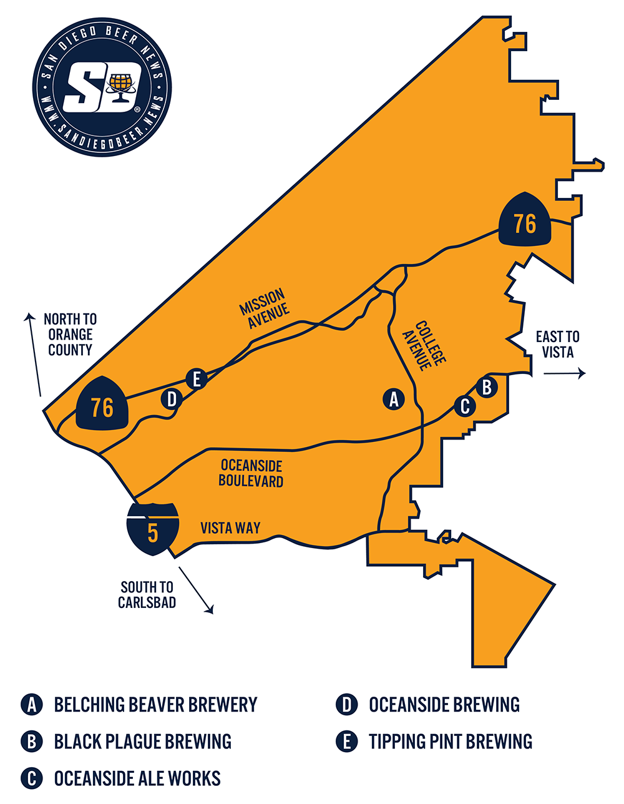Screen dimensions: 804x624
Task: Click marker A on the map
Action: [x=393, y=399]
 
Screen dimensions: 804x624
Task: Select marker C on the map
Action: [x=465, y=406]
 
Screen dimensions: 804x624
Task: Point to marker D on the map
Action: [x=172, y=399]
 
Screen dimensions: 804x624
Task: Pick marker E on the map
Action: [x=197, y=378]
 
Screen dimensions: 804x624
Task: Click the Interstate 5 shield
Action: [x=153, y=527]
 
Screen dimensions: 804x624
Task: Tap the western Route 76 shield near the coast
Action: [x=102, y=406]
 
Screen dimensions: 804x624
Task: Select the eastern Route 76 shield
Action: [x=525, y=222]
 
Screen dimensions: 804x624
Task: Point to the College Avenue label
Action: [x=424, y=346]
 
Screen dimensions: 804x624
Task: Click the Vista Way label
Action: [x=230, y=528]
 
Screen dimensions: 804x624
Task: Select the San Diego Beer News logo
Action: [x=102, y=87]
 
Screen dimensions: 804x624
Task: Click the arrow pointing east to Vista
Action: [x=564, y=373]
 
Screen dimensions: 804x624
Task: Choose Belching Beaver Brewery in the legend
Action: [x=155, y=705]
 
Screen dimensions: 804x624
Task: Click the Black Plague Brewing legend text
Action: [x=143, y=742]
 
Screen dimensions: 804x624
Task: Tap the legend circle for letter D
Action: [x=345, y=705]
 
